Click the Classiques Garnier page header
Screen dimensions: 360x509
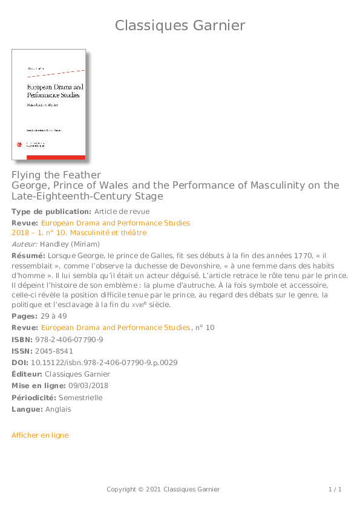[180, 25]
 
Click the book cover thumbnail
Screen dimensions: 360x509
[49, 104]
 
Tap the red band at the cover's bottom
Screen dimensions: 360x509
[49, 157]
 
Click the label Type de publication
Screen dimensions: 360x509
[51, 212]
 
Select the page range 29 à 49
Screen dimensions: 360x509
[53, 316]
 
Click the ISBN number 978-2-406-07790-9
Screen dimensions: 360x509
[68, 340]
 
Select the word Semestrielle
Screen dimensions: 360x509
[81, 398]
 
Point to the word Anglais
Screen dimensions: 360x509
[58, 409]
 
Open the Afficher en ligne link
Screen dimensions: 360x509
[40, 435]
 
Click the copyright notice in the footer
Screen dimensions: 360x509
[163, 489]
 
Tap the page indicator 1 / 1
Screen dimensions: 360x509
[335, 489]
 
